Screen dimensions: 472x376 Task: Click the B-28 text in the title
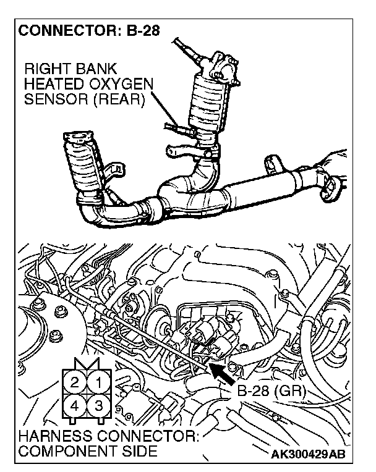pos(140,31)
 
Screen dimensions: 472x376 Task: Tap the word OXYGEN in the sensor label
pos(125,83)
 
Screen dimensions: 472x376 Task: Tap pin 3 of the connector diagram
pos(96,407)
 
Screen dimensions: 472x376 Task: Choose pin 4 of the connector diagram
pos(75,407)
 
